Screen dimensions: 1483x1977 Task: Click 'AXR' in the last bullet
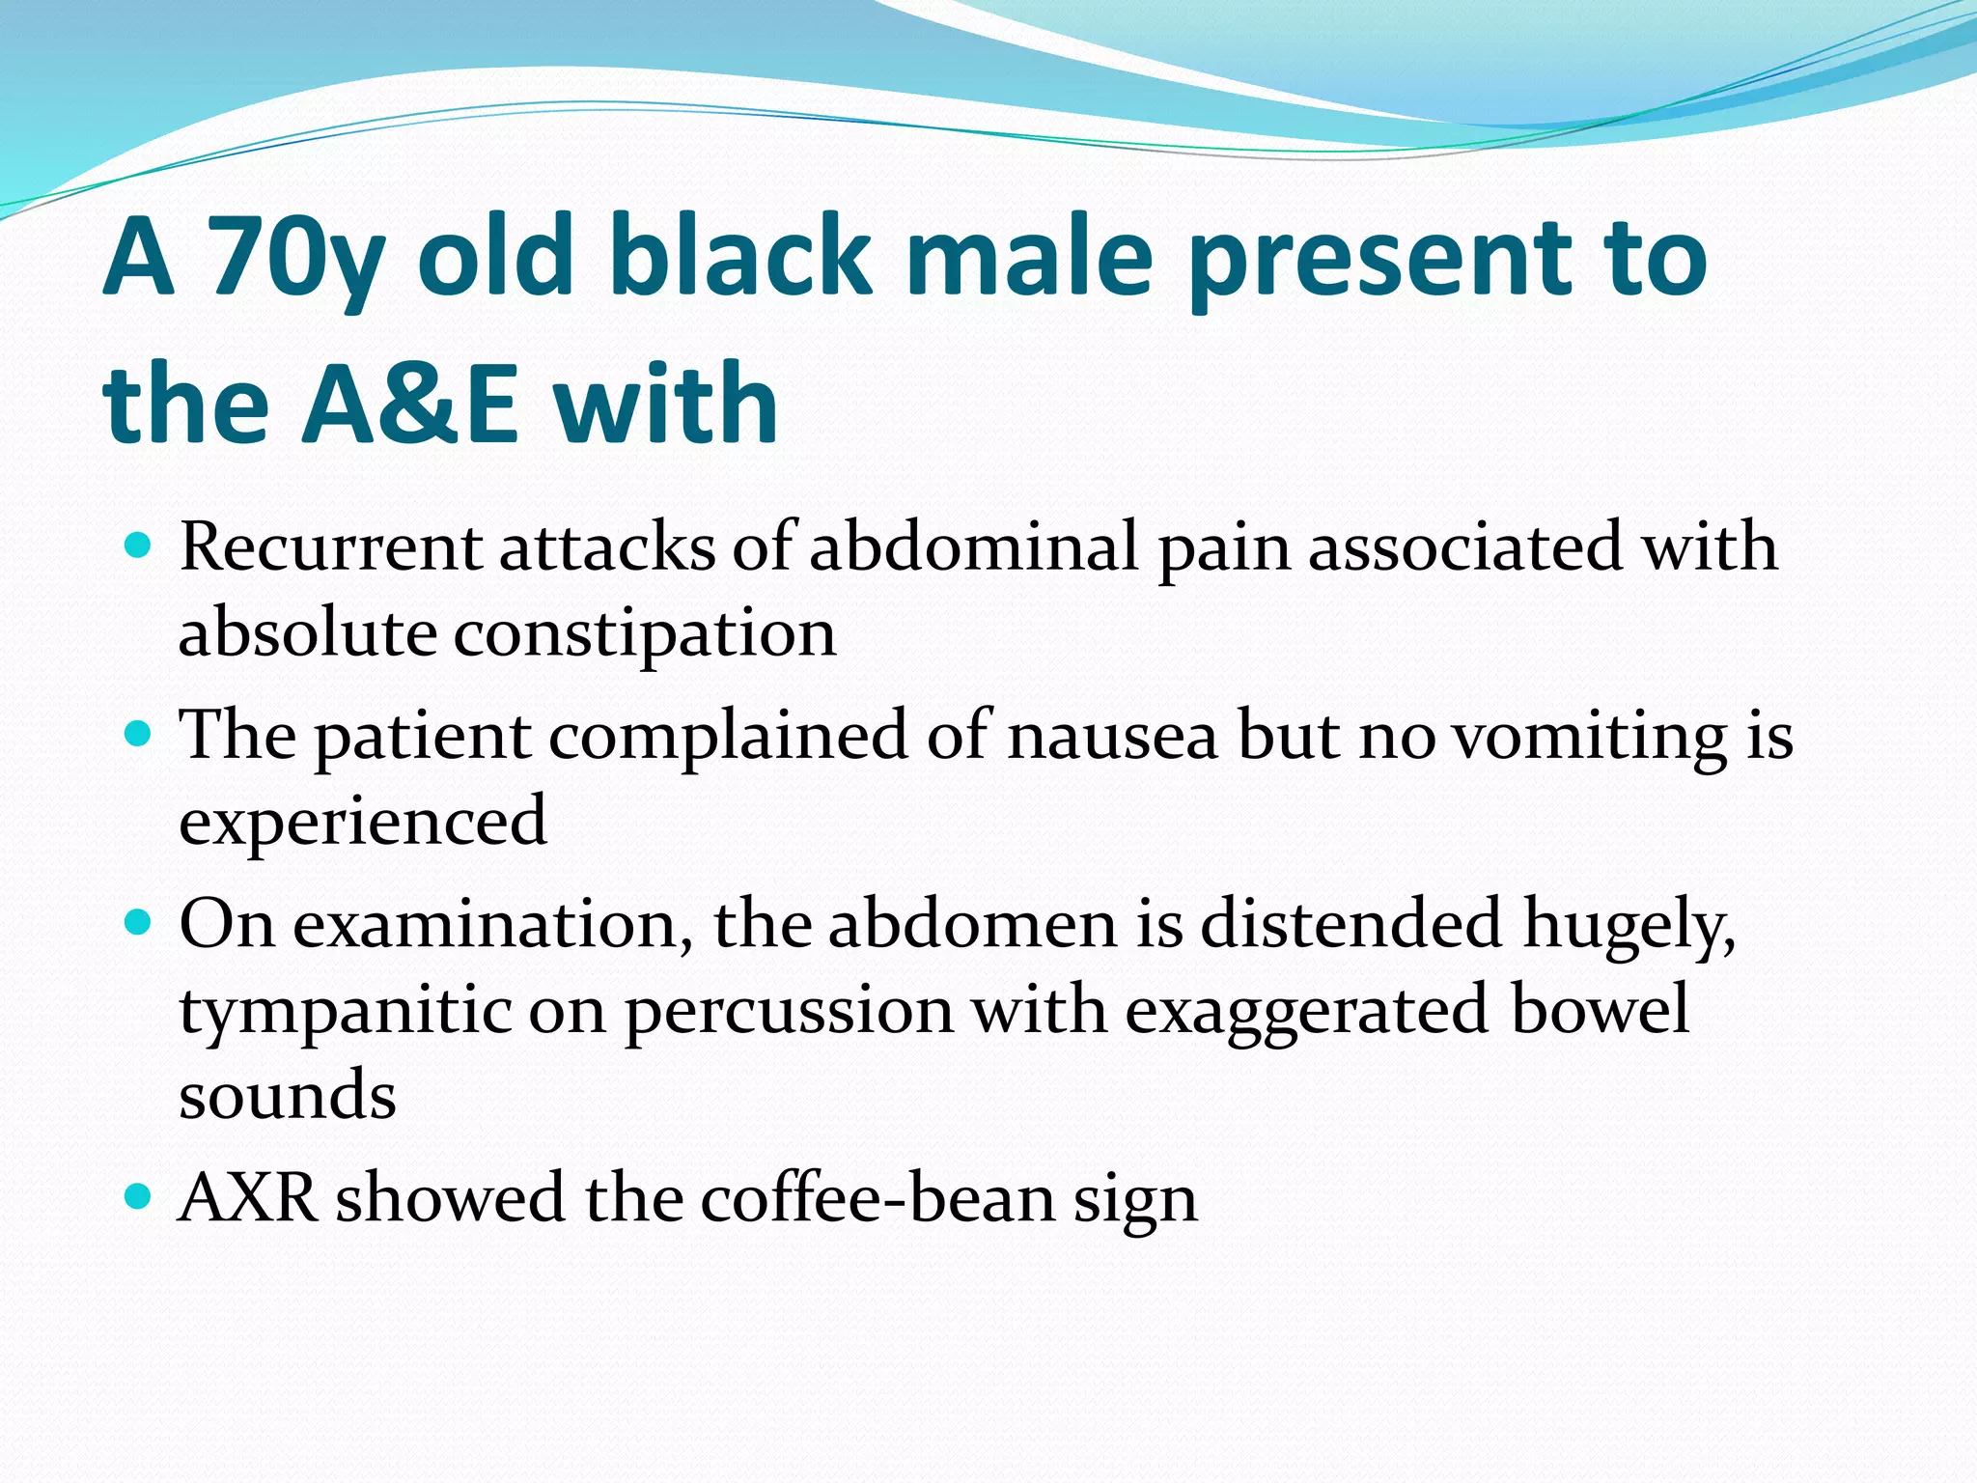[x=248, y=1198]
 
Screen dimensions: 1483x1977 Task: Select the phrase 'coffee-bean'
[x=877, y=1198]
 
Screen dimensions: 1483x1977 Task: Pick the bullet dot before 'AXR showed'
[x=139, y=1198]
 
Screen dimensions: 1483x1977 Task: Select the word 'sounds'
[x=288, y=1096]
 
